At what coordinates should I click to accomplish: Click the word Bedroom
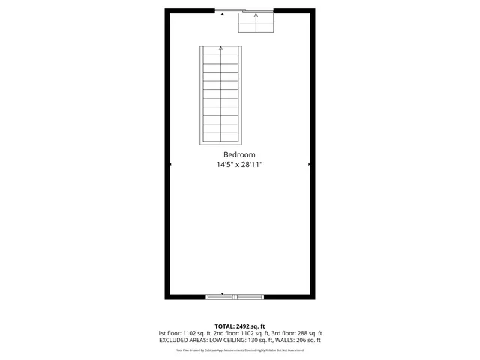[239, 154]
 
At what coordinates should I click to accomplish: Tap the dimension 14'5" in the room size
[225, 164]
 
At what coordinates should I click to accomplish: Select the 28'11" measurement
[252, 164]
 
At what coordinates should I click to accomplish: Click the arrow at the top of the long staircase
[221, 49]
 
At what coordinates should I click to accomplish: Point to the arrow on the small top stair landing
[256, 16]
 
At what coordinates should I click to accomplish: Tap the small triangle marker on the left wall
[171, 163]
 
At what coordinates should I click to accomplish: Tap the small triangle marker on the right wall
[309, 163]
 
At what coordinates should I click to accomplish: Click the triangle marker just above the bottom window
[221, 293]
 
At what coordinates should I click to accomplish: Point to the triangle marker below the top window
[223, 13]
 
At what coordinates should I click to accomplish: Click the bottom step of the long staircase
[221, 140]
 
